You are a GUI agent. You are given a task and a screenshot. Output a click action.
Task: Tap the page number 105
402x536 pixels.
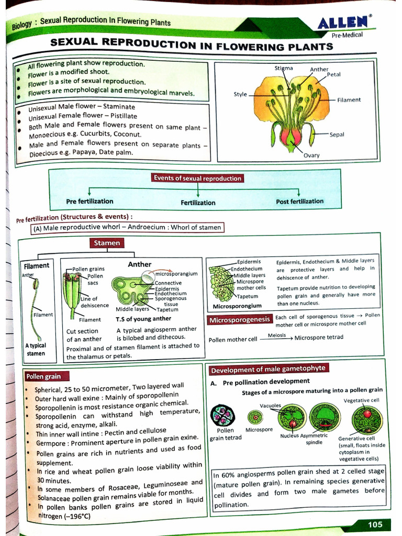click(375, 524)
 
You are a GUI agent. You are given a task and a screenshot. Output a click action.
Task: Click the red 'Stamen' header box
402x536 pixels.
click(107, 243)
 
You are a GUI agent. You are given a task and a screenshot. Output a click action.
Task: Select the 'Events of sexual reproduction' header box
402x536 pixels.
click(197, 178)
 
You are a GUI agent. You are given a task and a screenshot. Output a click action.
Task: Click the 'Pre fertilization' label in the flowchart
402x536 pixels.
click(90, 201)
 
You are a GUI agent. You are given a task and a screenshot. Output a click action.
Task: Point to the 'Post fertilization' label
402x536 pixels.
click(299, 201)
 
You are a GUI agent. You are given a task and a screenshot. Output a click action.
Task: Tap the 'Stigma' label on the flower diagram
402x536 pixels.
click(284, 68)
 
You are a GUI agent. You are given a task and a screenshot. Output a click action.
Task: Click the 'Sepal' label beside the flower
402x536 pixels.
click(337, 135)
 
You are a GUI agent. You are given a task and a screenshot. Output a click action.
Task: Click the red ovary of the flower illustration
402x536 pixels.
click(291, 137)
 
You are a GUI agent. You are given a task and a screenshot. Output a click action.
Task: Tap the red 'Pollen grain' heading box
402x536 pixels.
click(43, 376)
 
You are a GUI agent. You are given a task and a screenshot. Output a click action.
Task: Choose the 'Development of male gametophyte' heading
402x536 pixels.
click(267, 369)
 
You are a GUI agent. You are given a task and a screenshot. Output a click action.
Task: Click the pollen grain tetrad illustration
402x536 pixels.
click(222, 416)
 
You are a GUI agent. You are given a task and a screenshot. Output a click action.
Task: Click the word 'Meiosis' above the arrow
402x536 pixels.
click(276, 334)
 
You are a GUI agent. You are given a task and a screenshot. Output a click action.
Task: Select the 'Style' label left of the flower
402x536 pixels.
click(240, 94)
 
